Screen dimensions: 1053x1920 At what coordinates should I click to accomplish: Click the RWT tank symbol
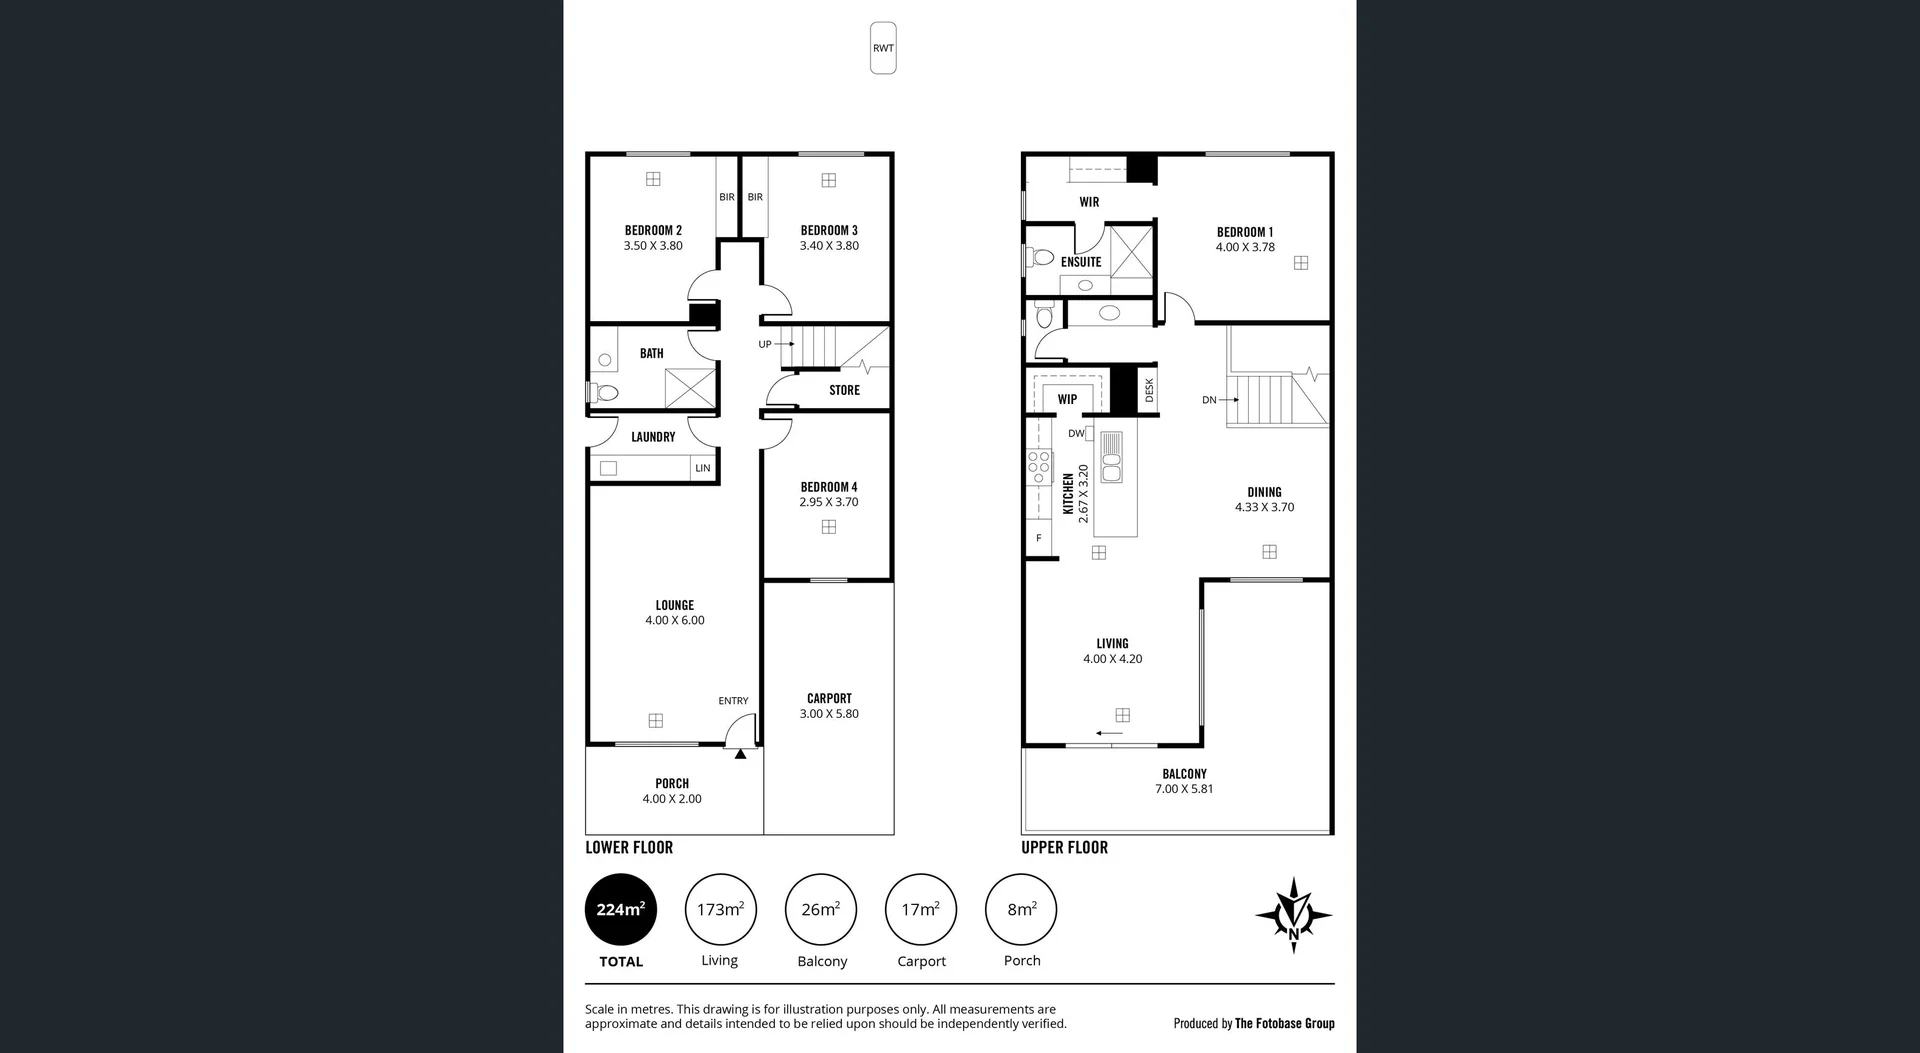[x=883, y=48]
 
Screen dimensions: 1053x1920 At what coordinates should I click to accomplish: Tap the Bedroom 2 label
[x=653, y=230]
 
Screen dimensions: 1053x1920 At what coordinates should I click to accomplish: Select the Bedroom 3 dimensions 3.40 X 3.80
[x=829, y=246]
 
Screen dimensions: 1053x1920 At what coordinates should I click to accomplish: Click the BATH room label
[x=651, y=353]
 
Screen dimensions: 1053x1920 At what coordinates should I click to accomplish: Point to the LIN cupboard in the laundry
[x=703, y=468]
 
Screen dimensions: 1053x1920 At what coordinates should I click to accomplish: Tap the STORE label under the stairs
[x=844, y=390]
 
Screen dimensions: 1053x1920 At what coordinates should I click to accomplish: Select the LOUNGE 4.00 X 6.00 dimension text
[x=675, y=620]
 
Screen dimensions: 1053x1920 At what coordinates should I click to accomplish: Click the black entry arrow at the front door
[x=740, y=754]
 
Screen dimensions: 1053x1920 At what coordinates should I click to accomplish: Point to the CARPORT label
[x=829, y=698]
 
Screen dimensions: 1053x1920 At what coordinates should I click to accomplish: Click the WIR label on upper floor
[x=1089, y=202]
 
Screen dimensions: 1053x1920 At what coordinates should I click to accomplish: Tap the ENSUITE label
[x=1081, y=262]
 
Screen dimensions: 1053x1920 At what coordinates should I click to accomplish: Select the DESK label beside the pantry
[x=1149, y=390]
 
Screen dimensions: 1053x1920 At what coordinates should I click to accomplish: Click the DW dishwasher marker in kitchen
[x=1076, y=434]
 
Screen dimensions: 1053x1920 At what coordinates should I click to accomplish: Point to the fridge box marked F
[x=1039, y=538]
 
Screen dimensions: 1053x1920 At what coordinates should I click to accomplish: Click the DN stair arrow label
[x=1210, y=400]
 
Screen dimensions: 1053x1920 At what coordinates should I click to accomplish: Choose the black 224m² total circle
[x=621, y=909]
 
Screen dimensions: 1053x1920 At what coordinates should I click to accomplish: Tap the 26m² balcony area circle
[x=821, y=909]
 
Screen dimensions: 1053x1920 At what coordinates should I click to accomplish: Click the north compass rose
[x=1293, y=914]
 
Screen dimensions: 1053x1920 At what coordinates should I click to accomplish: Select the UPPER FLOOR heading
[x=1064, y=847]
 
